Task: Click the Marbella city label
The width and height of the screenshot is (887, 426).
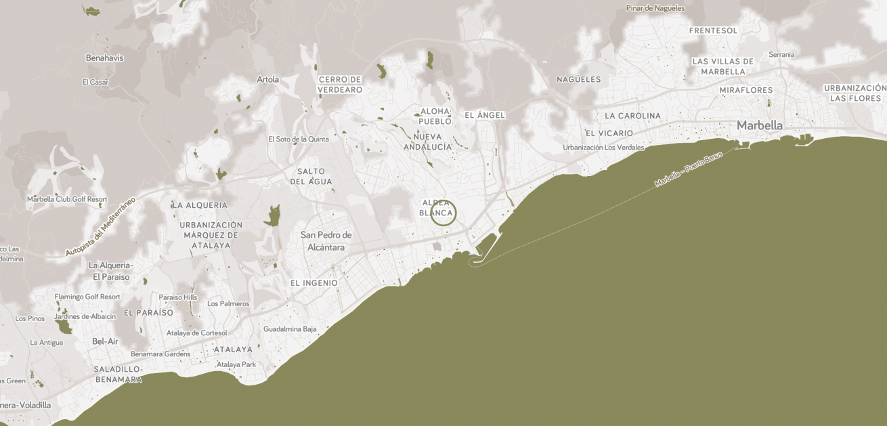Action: coord(759,125)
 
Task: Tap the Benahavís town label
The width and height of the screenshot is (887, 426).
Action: coord(105,58)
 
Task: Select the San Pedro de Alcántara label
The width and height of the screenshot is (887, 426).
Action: coord(326,241)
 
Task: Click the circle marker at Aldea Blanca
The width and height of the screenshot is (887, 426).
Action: coord(443,213)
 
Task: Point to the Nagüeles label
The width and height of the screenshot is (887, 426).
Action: coord(578,79)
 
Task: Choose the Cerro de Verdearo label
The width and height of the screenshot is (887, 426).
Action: coord(340,85)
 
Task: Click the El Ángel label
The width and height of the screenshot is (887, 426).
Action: coord(485,115)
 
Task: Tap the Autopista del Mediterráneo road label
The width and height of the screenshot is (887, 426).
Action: coord(101,226)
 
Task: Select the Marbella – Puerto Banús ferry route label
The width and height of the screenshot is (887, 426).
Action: coord(689,169)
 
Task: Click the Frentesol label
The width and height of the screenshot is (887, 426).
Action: coord(713,30)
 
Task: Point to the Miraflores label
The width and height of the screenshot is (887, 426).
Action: coord(745,90)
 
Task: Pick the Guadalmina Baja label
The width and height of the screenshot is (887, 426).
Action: coord(290,329)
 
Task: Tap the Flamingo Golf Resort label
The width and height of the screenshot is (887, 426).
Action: coord(87,297)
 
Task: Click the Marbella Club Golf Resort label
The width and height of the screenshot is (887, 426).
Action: coord(67,199)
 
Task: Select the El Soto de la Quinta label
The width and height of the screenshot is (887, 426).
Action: coord(299,140)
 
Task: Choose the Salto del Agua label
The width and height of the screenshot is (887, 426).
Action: coord(311,177)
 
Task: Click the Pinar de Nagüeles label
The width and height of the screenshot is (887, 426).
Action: coord(655,8)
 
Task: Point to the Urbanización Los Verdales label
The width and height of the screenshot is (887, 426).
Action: coord(603,148)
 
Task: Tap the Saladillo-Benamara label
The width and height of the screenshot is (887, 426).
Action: coord(118,375)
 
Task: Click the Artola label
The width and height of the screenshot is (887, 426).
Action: coord(268,79)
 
